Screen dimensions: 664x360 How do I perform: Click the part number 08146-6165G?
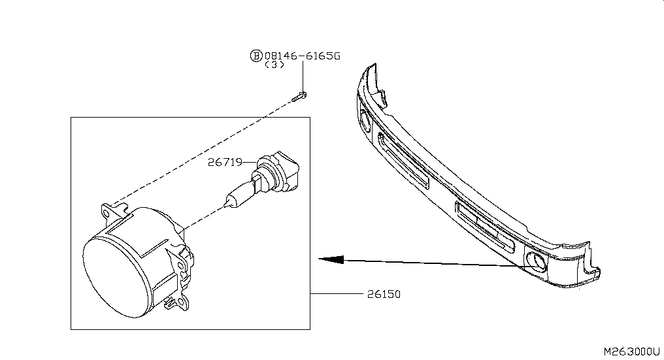pos(303,56)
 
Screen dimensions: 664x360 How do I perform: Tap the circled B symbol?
pos(256,56)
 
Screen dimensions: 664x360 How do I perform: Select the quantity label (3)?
pos(274,65)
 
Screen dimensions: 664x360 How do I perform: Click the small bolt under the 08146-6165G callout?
pos(299,97)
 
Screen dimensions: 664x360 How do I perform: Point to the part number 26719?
pos(225,162)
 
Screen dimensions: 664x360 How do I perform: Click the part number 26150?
pos(384,294)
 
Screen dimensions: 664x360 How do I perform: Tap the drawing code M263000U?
pos(631,352)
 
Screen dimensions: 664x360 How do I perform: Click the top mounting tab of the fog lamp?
pos(114,210)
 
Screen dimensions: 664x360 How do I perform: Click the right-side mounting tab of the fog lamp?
pos(185,263)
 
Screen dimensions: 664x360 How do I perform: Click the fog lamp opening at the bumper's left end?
pos(365,120)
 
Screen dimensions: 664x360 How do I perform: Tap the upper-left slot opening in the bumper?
pos(403,160)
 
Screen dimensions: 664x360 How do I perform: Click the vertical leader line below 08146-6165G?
pos(303,76)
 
